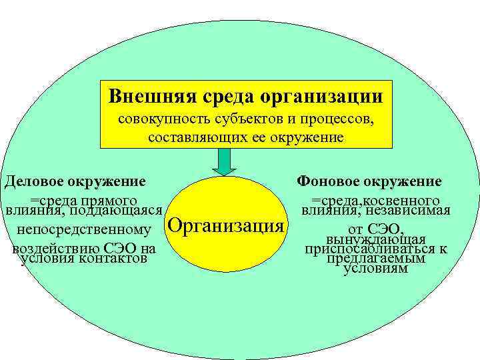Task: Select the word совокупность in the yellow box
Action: [160, 121]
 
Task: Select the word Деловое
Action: [37, 181]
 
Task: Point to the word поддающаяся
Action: [115, 211]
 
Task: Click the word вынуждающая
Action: [376, 240]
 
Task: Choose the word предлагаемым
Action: [376, 259]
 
